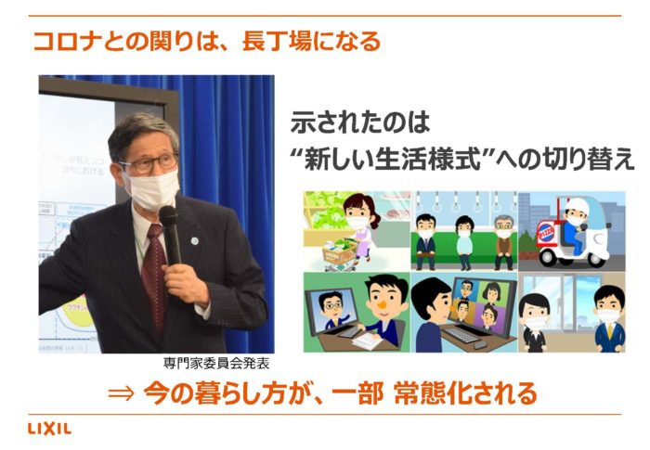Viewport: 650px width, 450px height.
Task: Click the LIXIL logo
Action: pyautogui.click(x=50, y=429)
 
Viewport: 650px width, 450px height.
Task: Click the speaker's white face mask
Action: pyautogui.click(x=153, y=189)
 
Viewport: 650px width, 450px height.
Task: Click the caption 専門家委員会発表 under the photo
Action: pyautogui.click(x=216, y=364)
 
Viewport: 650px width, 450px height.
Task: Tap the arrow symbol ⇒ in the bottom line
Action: pyautogui.click(x=121, y=392)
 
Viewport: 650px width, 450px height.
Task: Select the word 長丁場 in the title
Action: pyautogui.click(x=277, y=42)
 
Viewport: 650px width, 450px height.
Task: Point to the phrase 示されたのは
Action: pyautogui.click(x=360, y=123)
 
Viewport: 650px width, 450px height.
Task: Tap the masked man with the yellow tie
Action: pyautogui.click(x=608, y=319)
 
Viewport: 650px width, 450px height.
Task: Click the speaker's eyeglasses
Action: pyautogui.click(x=150, y=163)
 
